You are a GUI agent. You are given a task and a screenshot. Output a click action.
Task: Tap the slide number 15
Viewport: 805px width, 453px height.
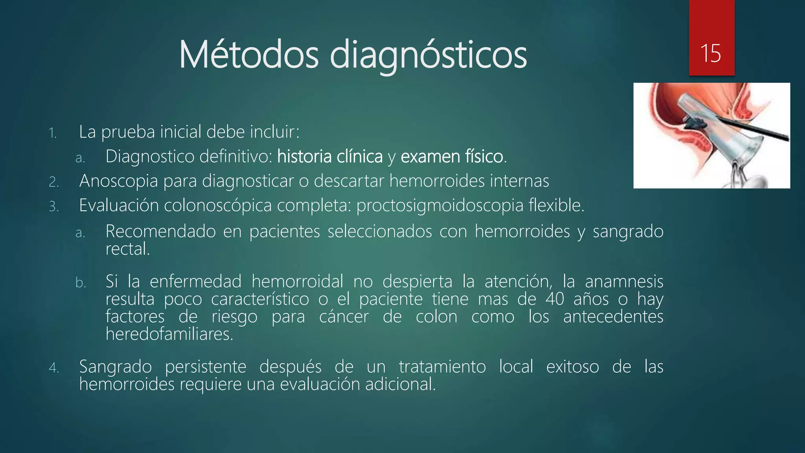[x=711, y=53]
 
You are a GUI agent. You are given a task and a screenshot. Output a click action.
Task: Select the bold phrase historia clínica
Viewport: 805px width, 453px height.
[x=330, y=157]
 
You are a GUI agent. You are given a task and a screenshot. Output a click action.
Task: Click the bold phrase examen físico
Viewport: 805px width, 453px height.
[x=452, y=157]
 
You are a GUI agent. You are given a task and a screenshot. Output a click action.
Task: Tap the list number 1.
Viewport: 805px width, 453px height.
[x=53, y=133]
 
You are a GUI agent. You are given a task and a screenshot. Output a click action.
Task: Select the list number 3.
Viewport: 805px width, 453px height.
[x=54, y=206]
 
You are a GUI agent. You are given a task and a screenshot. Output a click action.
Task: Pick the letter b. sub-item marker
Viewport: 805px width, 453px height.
[x=81, y=283]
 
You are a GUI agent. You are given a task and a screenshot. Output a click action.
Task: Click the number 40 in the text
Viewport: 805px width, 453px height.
[x=555, y=299]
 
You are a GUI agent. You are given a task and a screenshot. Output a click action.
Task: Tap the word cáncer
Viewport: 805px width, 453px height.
[x=344, y=317]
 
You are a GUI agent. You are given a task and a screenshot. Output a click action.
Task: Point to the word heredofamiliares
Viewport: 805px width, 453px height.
[x=169, y=334]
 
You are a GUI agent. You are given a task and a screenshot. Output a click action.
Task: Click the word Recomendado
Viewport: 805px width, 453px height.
[x=160, y=231]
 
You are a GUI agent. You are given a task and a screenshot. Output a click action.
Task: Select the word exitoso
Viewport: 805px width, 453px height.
[x=572, y=367]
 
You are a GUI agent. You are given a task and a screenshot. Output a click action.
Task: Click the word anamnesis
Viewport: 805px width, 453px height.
[x=624, y=282]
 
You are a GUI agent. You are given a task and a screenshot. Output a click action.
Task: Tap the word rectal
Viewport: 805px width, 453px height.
[x=127, y=249]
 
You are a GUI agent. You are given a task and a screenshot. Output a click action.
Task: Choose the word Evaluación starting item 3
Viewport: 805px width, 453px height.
[x=118, y=206]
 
